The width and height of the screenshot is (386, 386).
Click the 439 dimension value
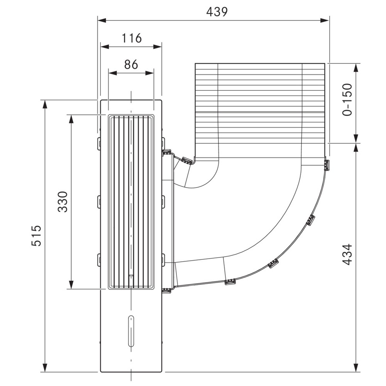coord(217,12)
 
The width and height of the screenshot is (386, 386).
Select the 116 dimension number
coord(132,38)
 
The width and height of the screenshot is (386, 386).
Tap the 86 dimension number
coord(131,64)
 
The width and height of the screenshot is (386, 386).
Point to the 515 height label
coord(36,235)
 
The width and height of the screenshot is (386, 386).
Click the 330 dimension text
coord(63,202)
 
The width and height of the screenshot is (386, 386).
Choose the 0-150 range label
coord(347,100)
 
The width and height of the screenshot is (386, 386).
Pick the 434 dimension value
coord(347,254)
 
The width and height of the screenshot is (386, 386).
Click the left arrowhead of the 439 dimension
coord(102,20)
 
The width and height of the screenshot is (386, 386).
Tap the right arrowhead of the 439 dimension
coord(325,20)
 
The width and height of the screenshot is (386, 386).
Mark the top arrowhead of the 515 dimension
coord(44,104)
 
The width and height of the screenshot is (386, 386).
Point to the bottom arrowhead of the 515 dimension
coord(44,368)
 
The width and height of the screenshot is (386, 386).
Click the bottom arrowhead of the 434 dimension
coord(356,368)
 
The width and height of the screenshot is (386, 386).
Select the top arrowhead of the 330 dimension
coord(71,119)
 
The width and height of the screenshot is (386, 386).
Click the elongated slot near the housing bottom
coord(131,331)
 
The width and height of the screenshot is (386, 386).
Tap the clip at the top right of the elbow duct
coord(327,165)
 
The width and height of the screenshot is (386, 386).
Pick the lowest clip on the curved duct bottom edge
coord(230,282)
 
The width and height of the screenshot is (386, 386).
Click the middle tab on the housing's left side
coord(99,202)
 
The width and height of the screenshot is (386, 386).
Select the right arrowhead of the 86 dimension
coord(150,73)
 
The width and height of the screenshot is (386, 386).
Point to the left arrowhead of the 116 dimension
coord(105,47)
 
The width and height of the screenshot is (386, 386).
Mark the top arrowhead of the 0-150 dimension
coord(356,68)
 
